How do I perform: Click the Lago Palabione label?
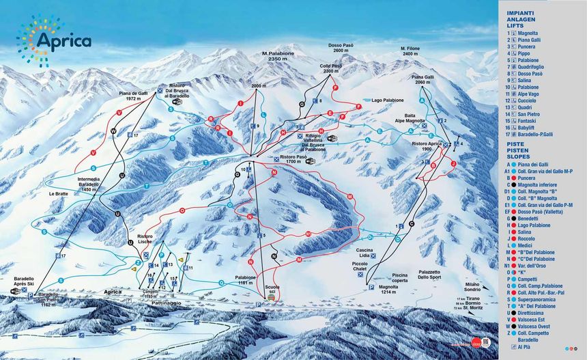click(x=391, y=99)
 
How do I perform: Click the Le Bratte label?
click(x=58, y=193)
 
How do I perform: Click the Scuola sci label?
click(x=273, y=289)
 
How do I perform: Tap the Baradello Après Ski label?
click(x=28, y=281)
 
